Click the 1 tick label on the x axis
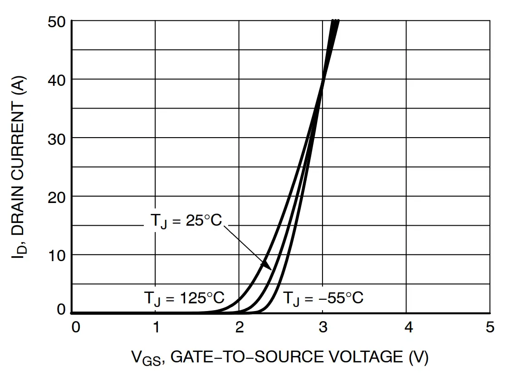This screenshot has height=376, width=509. pos(156,327)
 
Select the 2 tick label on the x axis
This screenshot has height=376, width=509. pos(239,327)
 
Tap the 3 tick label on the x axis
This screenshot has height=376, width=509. pos(323,327)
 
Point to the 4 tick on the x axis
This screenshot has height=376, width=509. pos(408,327)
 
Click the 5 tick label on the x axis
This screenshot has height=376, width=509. pos(489,327)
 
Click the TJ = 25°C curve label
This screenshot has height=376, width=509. pos(186,222)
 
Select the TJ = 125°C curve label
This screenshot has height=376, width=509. pos(184,298)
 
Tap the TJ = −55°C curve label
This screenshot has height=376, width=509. pos(323,298)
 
